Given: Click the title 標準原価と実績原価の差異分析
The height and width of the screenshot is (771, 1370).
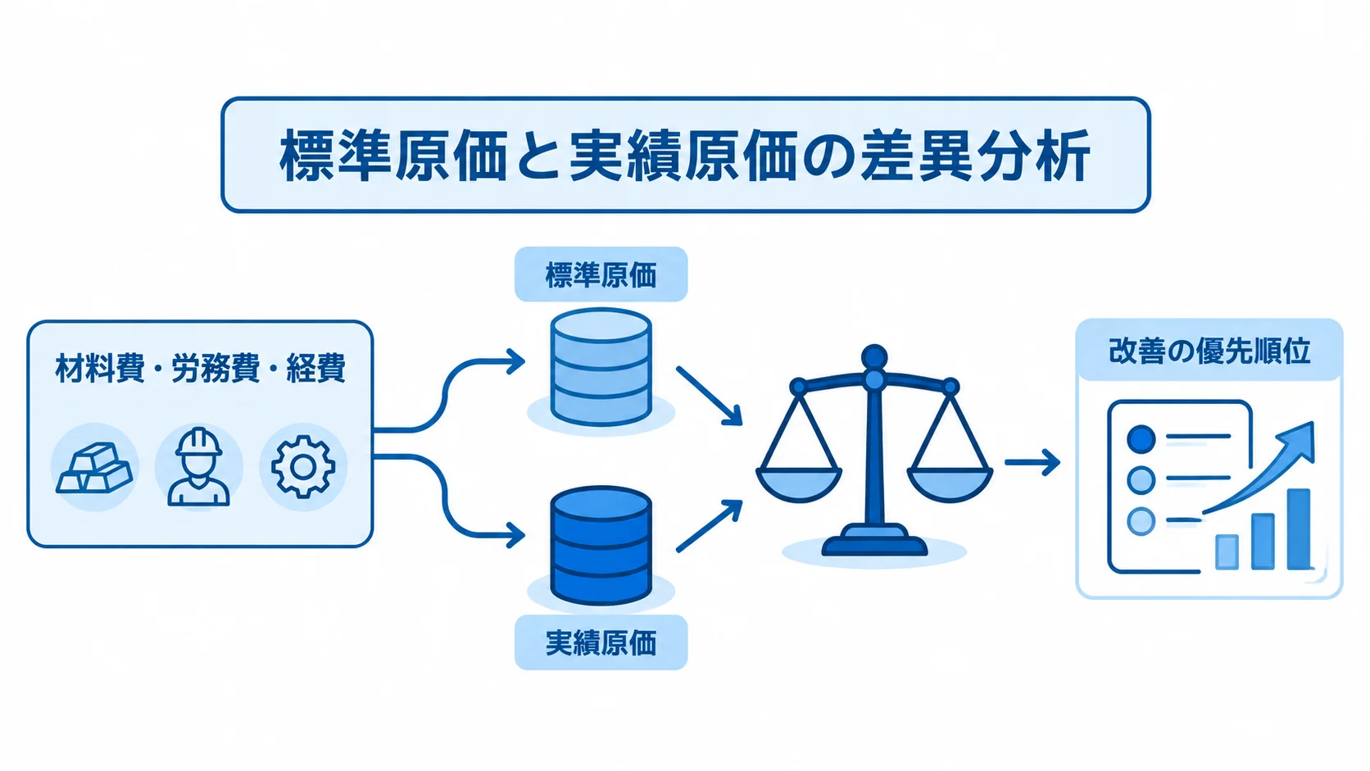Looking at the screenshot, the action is coord(685,156).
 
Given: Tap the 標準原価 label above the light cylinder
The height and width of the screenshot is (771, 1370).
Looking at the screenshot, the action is coord(601,275).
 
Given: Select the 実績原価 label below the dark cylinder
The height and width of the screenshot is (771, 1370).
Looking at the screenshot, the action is coord(601,642).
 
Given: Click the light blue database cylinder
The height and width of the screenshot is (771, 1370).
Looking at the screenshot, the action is coord(601,367).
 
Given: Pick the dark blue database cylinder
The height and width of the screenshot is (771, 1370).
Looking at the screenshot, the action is coord(601,546).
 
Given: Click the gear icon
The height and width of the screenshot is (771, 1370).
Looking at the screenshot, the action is coord(302,466).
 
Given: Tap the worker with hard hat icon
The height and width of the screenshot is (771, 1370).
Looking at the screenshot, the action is coord(198,466).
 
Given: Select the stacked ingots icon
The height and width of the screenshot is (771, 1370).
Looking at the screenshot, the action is coord(94,468).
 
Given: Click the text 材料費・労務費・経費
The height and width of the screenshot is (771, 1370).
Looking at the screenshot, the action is coord(200,368).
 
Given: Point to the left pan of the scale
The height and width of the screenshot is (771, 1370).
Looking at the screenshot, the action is coord(799,484).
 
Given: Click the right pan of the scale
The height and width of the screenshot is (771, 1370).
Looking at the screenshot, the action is coord(950,484).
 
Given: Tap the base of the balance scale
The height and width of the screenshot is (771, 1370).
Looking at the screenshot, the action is coord(874,541).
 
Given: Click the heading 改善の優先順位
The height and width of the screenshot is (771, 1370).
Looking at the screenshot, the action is coord(1209,351).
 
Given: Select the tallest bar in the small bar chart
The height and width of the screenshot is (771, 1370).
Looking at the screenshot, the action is coord(1299,528).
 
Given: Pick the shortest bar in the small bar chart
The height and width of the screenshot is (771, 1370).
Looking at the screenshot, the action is coord(1227,552).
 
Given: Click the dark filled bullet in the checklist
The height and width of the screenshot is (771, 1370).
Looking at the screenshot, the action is coord(1141,438).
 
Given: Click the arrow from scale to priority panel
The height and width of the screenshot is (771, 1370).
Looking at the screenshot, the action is coord(1032,462).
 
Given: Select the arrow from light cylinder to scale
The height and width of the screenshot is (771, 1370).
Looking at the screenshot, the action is coord(710,396).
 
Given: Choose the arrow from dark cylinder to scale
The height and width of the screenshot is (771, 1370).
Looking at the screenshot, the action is coord(710,526).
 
